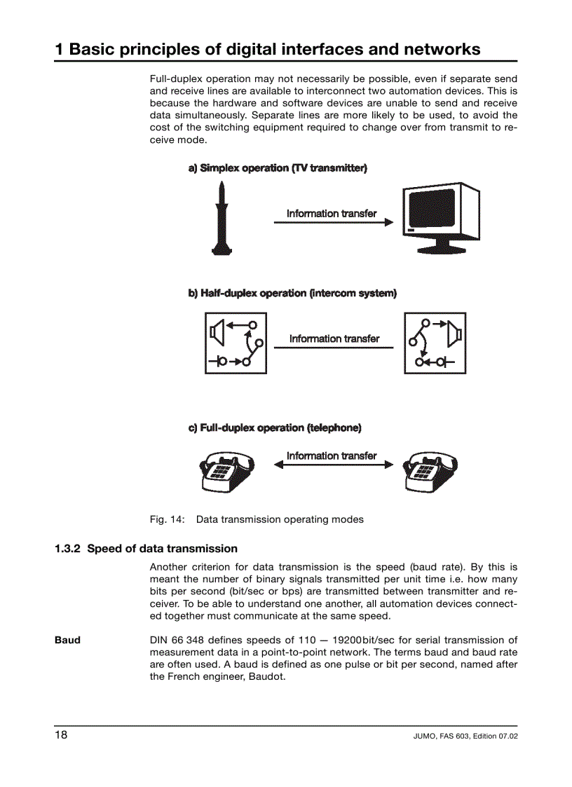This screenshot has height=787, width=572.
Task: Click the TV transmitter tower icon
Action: point(222,218)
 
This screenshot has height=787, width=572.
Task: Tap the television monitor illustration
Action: point(441,218)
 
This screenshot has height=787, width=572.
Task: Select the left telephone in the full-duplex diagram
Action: point(226,472)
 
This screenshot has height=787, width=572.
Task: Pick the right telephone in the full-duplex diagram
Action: point(430,472)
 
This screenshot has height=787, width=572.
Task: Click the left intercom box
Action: point(236,343)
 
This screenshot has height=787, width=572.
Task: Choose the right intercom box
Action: point(435,343)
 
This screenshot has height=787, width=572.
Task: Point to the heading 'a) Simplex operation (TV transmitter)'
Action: point(278,168)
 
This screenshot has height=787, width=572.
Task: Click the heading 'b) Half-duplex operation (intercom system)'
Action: point(292,293)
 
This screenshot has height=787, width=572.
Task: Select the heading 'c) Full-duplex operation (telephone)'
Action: point(275,427)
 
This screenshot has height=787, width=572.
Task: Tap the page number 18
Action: point(62,734)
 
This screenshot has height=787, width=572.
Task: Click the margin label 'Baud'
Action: point(67,640)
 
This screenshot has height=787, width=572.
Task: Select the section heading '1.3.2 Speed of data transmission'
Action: point(146,549)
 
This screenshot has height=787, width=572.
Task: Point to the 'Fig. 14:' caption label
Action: point(167,519)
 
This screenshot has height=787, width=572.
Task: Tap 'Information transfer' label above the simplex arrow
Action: point(332,213)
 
